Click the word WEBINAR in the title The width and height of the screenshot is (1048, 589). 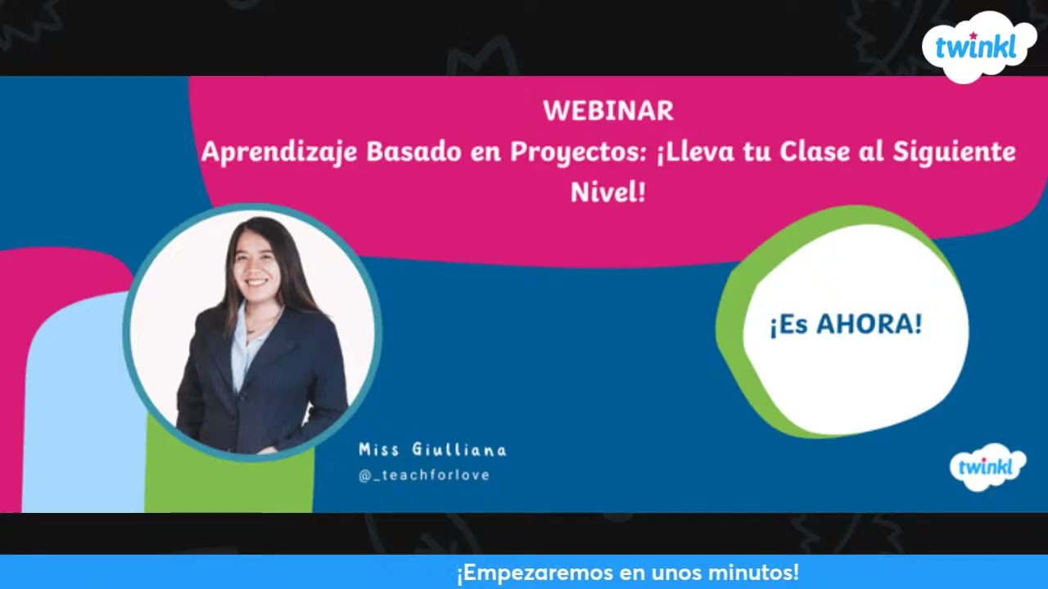(608, 111)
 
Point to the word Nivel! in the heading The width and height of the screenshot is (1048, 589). (608, 193)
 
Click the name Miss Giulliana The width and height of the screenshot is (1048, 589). (432, 450)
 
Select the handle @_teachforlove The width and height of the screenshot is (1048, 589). (424, 475)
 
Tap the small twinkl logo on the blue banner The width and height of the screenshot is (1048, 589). (987, 467)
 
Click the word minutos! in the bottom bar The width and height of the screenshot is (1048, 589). (749, 573)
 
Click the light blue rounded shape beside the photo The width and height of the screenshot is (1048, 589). (82, 409)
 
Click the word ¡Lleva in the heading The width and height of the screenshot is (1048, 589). (693, 153)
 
